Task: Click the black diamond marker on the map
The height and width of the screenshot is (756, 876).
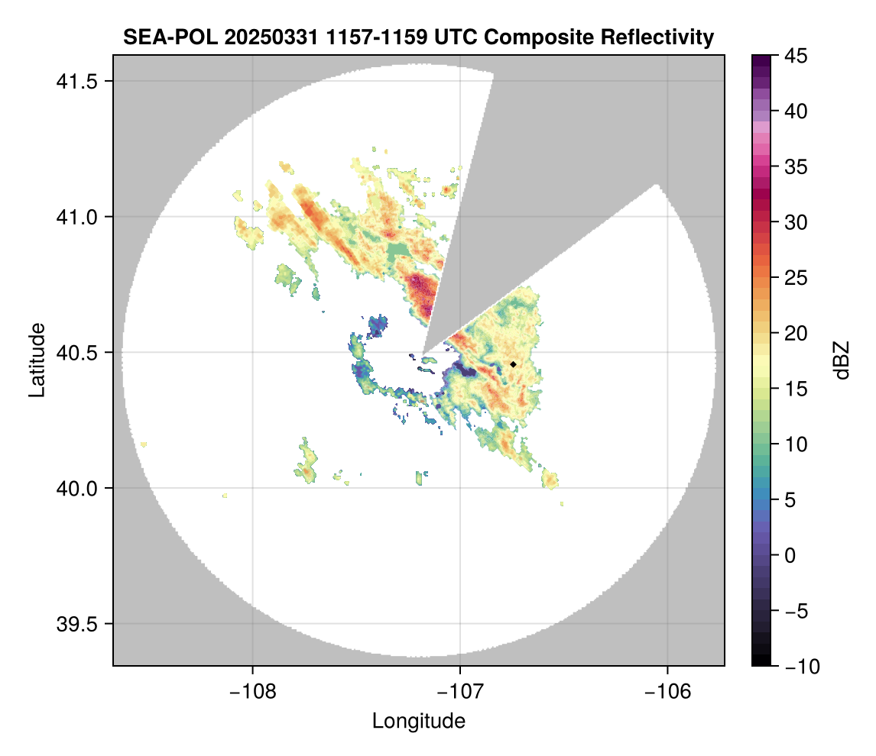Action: click(513, 364)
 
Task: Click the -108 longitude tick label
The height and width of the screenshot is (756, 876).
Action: click(251, 692)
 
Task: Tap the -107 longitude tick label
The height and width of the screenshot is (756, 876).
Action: click(460, 692)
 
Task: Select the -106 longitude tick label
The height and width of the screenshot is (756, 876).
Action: click(668, 692)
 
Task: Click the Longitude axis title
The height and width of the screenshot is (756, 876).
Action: click(418, 721)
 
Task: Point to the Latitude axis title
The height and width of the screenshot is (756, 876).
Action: click(36, 360)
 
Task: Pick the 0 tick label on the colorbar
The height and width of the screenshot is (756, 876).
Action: click(791, 555)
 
